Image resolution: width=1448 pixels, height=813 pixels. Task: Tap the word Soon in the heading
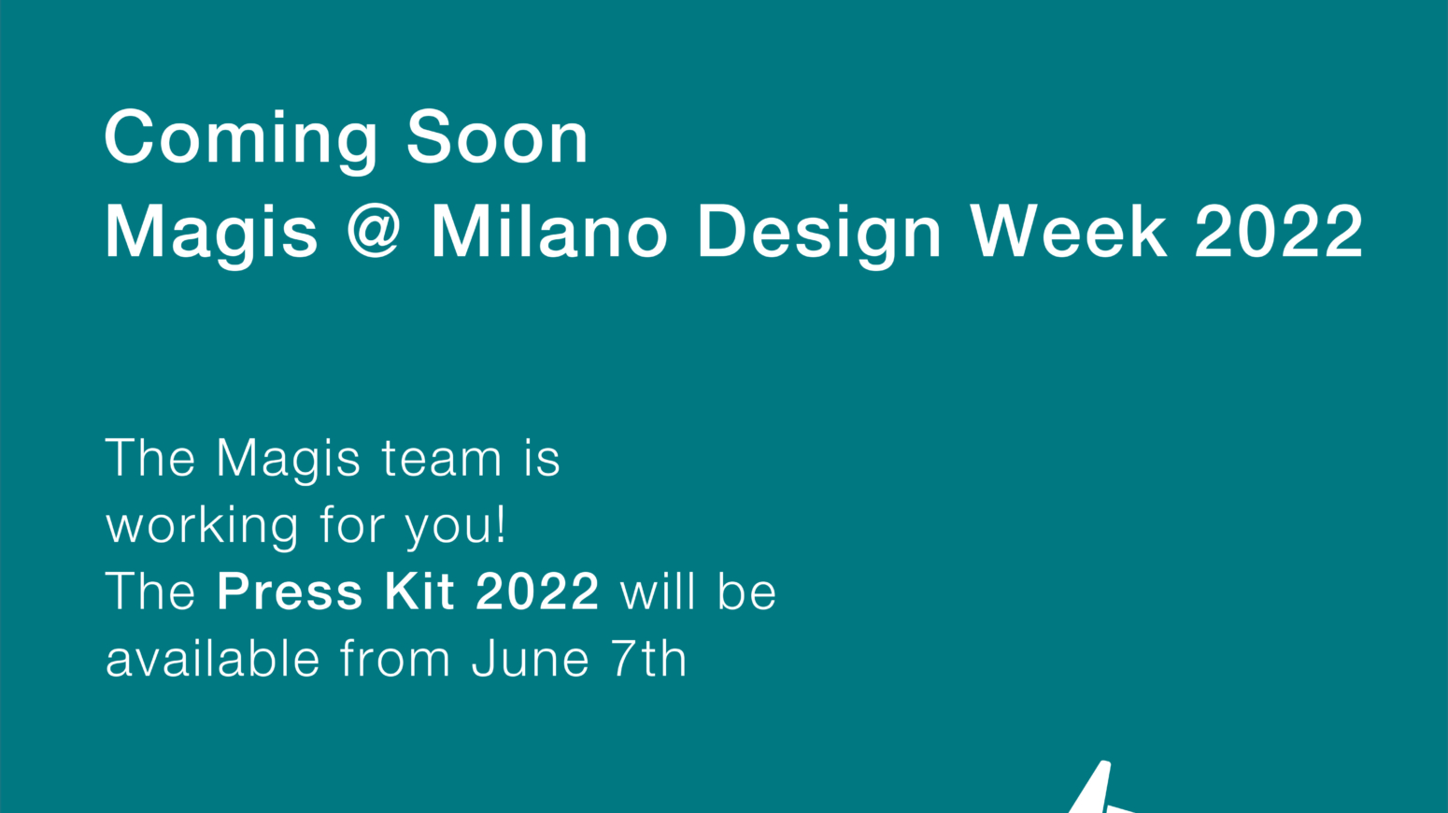(x=497, y=137)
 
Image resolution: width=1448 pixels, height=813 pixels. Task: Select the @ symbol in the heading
(x=375, y=230)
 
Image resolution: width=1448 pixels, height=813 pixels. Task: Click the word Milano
(x=548, y=231)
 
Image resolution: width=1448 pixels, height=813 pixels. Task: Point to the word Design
(x=819, y=235)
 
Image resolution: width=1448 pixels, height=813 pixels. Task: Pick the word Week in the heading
(x=1070, y=231)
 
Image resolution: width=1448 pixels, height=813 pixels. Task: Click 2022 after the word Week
(x=1279, y=231)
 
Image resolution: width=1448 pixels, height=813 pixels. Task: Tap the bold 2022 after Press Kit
(x=537, y=591)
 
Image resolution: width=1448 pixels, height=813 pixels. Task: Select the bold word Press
(x=290, y=591)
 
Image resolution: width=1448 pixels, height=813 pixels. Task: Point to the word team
(x=442, y=458)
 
